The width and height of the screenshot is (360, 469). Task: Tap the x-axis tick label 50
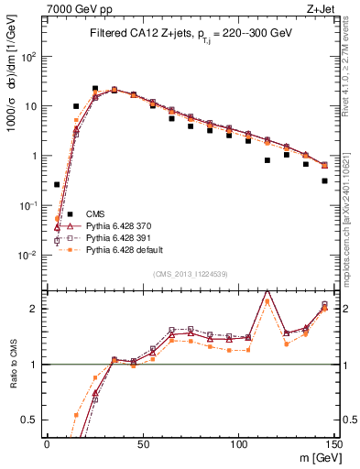point(143,444)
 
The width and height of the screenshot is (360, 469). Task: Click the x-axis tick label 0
point(47,444)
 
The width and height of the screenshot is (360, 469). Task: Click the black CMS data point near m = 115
point(267,160)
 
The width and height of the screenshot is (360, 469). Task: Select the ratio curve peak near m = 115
point(267,290)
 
